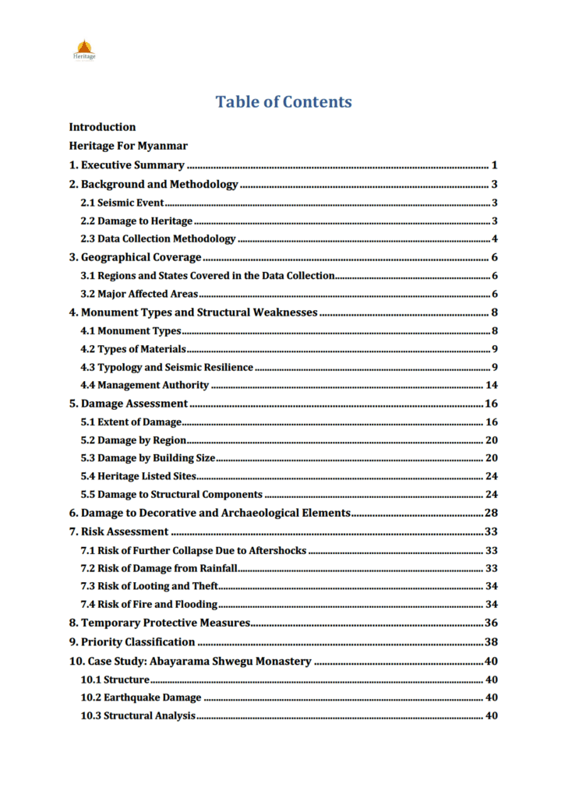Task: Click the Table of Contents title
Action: (x=283, y=102)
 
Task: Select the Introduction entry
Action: (x=102, y=127)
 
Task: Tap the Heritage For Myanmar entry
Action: (x=128, y=146)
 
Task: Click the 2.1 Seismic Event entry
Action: (x=122, y=203)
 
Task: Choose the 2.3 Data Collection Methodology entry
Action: (x=158, y=239)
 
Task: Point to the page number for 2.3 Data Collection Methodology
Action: (x=494, y=239)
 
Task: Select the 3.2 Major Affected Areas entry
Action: (x=139, y=294)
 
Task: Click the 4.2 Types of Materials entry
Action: (x=133, y=349)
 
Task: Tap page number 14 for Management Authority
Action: (x=491, y=385)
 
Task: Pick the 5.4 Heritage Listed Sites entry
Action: (x=139, y=476)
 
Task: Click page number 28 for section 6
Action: (x=491, y=513)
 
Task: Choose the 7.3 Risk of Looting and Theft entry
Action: (x=150, y=586)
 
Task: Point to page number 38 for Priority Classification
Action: (x=491, y=642)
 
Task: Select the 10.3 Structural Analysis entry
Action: (x=138, y=716)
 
